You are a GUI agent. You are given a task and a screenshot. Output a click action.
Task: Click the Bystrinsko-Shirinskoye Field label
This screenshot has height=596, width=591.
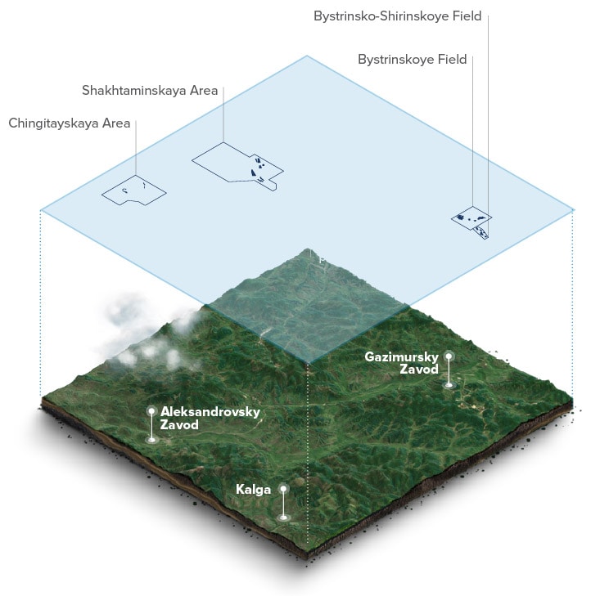point(408,16)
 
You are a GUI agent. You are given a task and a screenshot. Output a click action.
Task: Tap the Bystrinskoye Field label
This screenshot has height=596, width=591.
point(413,59)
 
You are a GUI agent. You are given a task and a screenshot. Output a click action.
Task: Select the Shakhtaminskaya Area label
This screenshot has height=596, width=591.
point(150,90)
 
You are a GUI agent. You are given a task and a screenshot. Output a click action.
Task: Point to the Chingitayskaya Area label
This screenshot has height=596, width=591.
point(70,123)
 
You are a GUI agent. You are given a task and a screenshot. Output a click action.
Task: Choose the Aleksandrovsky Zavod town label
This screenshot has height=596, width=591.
point(210,418)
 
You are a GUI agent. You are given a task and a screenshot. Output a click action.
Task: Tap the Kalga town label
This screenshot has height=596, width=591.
point(253,489)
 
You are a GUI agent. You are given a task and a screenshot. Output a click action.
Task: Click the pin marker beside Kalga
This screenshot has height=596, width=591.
point(283,489)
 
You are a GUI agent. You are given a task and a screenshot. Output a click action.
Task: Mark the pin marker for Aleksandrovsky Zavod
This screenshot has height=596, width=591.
point(151,411)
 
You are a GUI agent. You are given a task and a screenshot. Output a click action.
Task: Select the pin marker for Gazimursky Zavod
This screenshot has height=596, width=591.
point(449,356)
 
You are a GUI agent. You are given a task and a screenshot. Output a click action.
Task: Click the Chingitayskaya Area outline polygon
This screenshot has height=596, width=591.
point(133,191)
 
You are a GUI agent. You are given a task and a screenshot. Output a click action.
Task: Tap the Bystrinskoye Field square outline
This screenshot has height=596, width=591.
point(471,217)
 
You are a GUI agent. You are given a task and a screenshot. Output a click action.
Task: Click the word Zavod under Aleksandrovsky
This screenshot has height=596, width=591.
point(180,424)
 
